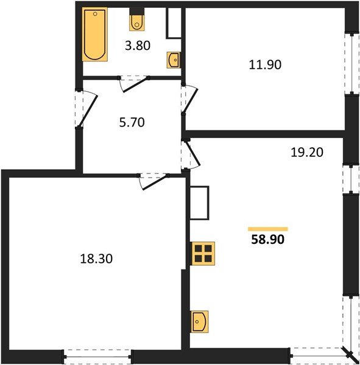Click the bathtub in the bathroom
pyautogui.click(x=94, y=35)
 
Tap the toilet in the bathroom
pyautogui.click(x=136, y=21)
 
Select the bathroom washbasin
pyautogui.click(x=174, y=60)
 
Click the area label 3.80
pyautogui.click(x=137, y=44)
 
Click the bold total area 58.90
pyautogui.click(x=268, y=240)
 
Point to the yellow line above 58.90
pyautogui.click(x=268, y=229)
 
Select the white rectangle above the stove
pyautogui.click(x=199, y=203)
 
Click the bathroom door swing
pyautogui.click(x=134, y=82)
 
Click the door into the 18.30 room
pyautogui.click(x=152, y=179)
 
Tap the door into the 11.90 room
pyautogui.click(x=190, y=99)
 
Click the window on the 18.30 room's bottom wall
pyautogui.click(x=97, y=356)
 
